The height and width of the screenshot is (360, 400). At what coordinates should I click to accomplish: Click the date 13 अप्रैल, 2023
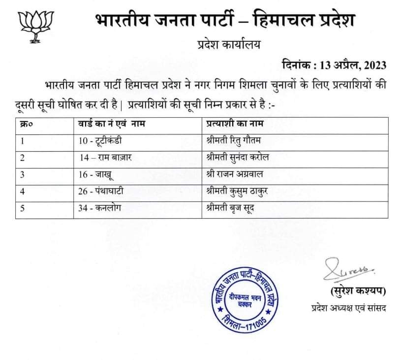click(x=334, y=65)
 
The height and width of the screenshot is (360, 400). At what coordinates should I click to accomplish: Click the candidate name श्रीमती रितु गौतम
click(x=234, y=141)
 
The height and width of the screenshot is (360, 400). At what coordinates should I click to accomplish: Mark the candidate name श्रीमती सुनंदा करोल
click(x=238, y=158)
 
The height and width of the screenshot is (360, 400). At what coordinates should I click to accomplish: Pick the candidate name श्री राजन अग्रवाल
click(x=236, y=174)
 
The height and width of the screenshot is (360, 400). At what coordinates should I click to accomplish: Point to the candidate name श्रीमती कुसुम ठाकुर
click(x=238, y=191)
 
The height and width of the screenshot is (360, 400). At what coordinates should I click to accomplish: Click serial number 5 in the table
click(x=22, y=208)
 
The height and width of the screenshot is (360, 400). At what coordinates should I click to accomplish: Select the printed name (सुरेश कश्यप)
click(x=355, y=290)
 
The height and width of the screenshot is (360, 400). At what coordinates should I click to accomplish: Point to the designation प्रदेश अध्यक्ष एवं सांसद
click(x=348, y=308)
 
